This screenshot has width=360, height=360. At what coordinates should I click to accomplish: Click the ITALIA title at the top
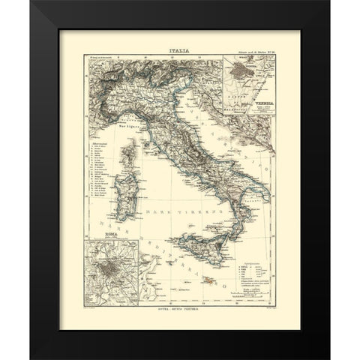click(x=180, y=52)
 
